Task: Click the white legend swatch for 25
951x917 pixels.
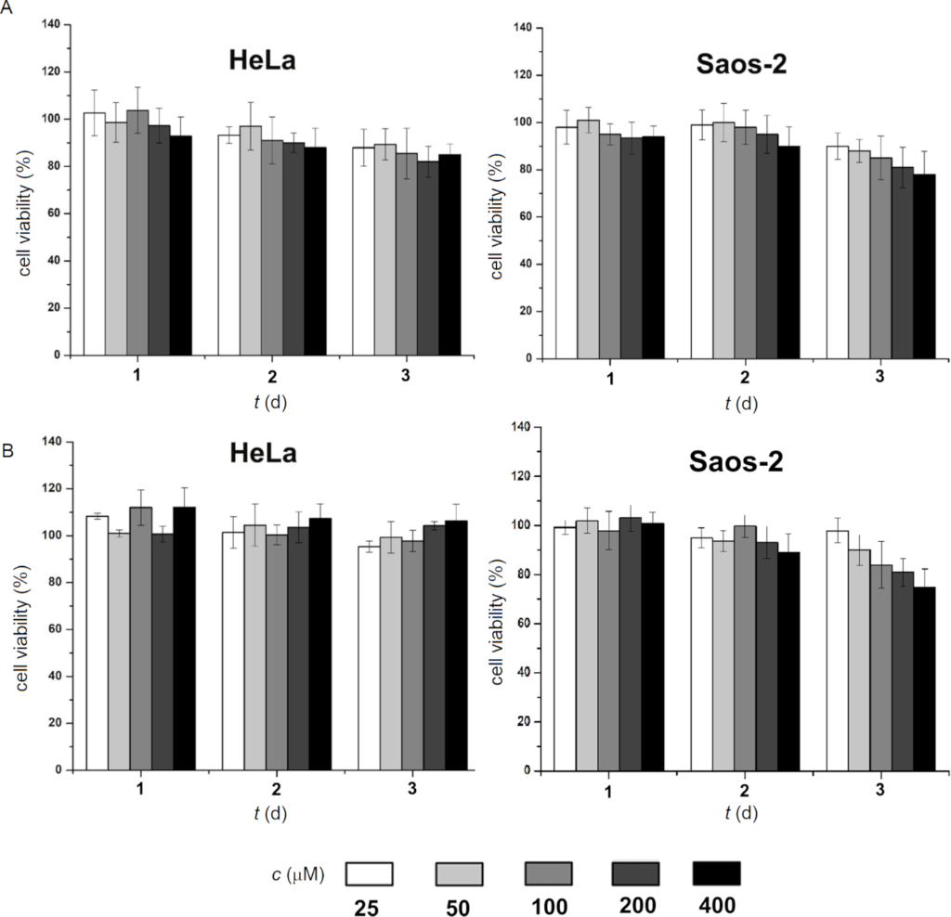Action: (370, 873)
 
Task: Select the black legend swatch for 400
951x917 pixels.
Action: (717, 873)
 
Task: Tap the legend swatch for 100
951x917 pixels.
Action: (548, 873)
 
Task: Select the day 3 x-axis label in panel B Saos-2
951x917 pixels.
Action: (879, 791)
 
